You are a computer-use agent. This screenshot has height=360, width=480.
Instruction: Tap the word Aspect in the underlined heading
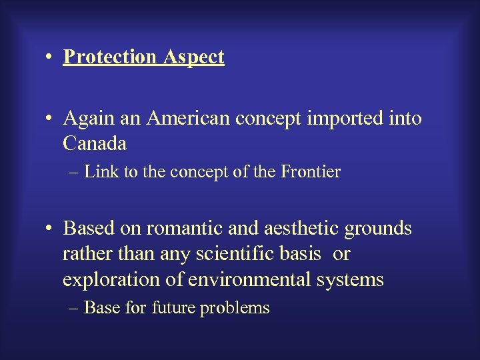[193, 57]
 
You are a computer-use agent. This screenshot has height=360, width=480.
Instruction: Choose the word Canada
[95, 143]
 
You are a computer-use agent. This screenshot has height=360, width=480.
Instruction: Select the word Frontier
[311, 172]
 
